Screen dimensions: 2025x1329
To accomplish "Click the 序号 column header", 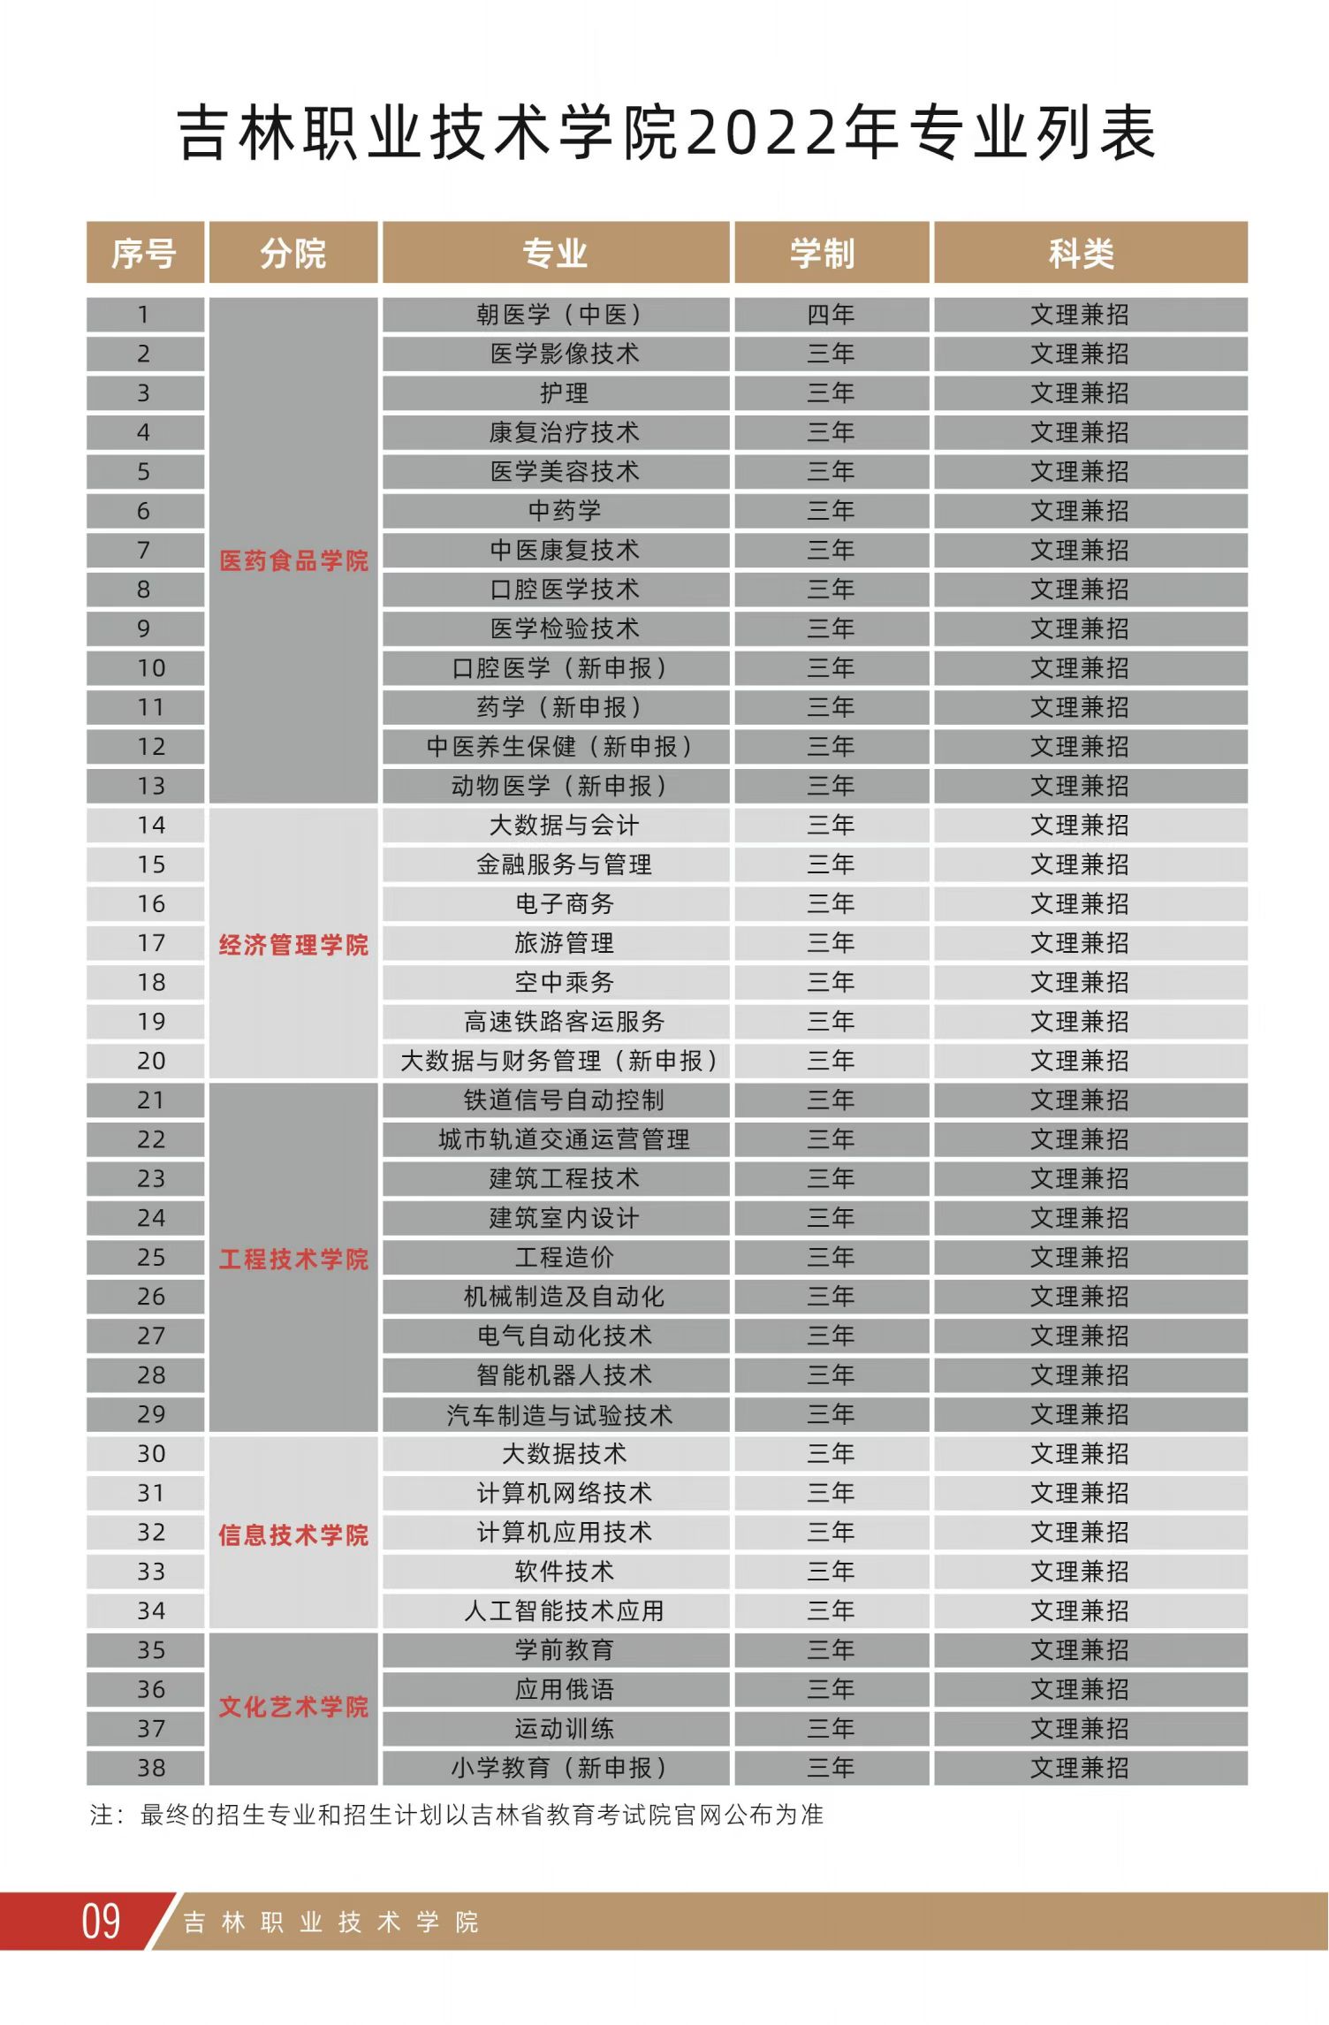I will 144,254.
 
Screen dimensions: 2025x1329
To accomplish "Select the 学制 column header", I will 823,254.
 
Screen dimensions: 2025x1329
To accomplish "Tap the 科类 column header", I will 1082,254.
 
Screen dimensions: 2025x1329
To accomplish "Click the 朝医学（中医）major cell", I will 558,315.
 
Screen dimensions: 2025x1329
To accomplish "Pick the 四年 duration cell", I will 831,315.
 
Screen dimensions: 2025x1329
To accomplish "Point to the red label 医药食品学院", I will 293,561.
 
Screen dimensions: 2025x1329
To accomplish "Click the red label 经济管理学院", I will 293,945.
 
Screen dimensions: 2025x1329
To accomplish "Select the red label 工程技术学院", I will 293,1259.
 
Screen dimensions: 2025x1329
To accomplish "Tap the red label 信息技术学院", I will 293,1534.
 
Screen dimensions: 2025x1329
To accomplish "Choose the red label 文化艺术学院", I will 293,1706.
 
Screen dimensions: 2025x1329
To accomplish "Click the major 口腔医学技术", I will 564,590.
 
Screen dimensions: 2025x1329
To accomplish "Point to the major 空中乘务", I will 564,982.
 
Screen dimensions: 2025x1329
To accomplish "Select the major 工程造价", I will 564,1257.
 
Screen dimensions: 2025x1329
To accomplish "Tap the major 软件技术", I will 564,1571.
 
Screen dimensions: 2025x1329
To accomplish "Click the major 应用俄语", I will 564,1689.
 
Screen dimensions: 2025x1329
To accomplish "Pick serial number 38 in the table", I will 151,1768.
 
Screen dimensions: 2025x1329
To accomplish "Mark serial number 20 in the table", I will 151,1061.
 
